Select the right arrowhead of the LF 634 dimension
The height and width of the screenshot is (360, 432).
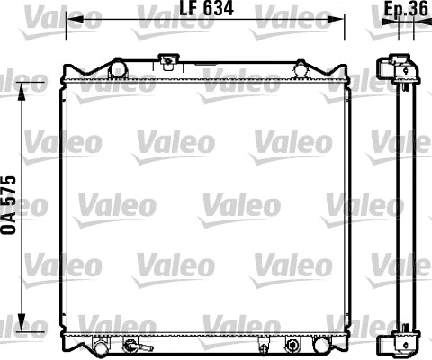[342, 19]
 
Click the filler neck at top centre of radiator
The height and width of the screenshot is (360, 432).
[166, 62]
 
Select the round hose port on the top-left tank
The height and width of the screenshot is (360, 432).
[114, 68]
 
